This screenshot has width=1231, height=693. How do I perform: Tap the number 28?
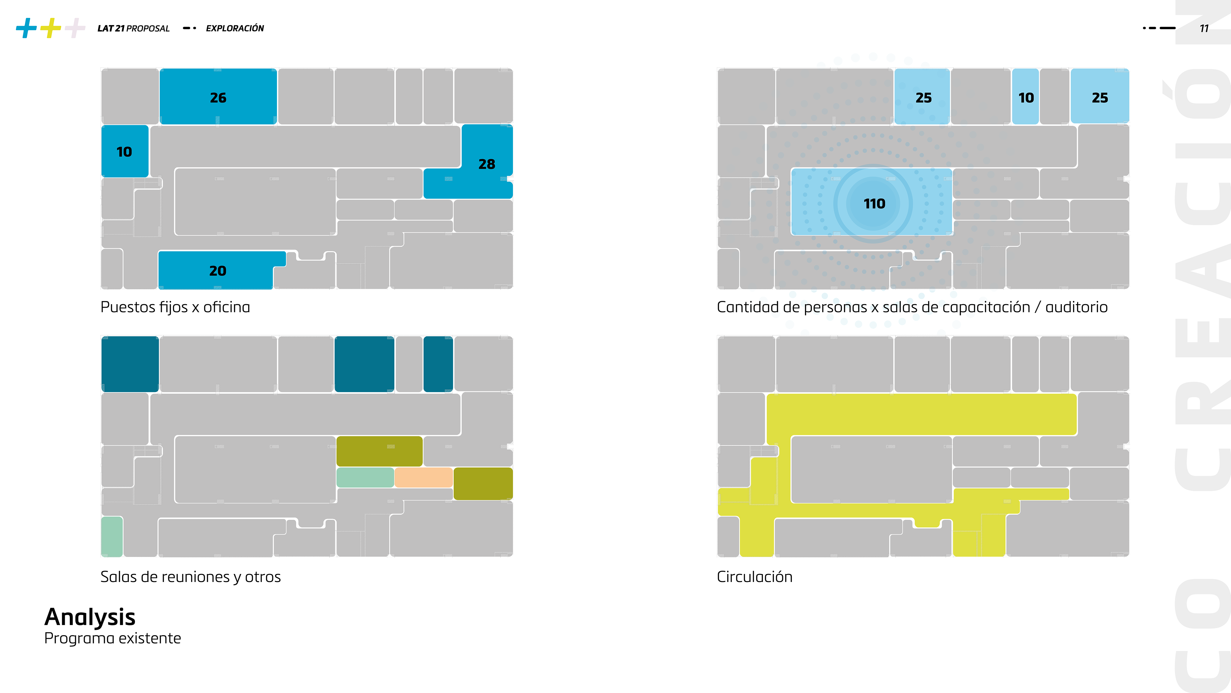(x=487, y=164)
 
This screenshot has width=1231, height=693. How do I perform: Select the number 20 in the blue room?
(x=217, y=271)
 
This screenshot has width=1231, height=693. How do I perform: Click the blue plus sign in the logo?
(x=26, y=28)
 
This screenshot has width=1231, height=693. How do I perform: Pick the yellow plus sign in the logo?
(x=51, y=28)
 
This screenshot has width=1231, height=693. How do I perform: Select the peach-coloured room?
(x=423, y=477)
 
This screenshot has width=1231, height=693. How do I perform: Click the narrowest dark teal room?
(x=438, y=364)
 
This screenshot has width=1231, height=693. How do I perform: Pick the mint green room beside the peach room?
(x=365, y=477)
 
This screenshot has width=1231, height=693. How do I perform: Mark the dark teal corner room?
(x=130, y=364)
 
